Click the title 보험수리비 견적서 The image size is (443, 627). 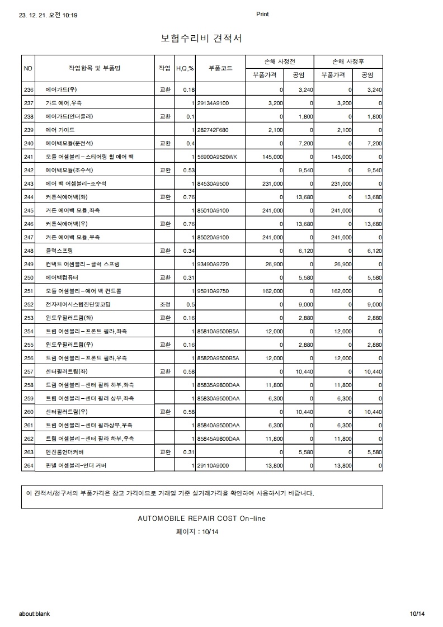[201, 38]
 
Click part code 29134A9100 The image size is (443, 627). [213, 103]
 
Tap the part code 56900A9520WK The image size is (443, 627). [217, 157]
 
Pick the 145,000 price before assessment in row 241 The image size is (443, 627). [272, 157]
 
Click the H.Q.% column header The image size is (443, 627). [185, 68]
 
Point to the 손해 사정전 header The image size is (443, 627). [280, 61]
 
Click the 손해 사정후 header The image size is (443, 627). [348, 61]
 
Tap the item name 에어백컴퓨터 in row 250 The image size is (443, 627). [62, 277]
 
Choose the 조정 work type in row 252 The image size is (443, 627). [164, 304]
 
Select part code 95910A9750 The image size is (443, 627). [213, 291]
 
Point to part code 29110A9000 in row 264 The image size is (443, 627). [213, 465]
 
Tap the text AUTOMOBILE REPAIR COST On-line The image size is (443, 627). [201, 518]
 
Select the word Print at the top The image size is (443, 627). [262, 15]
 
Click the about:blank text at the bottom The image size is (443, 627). [34, 614]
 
